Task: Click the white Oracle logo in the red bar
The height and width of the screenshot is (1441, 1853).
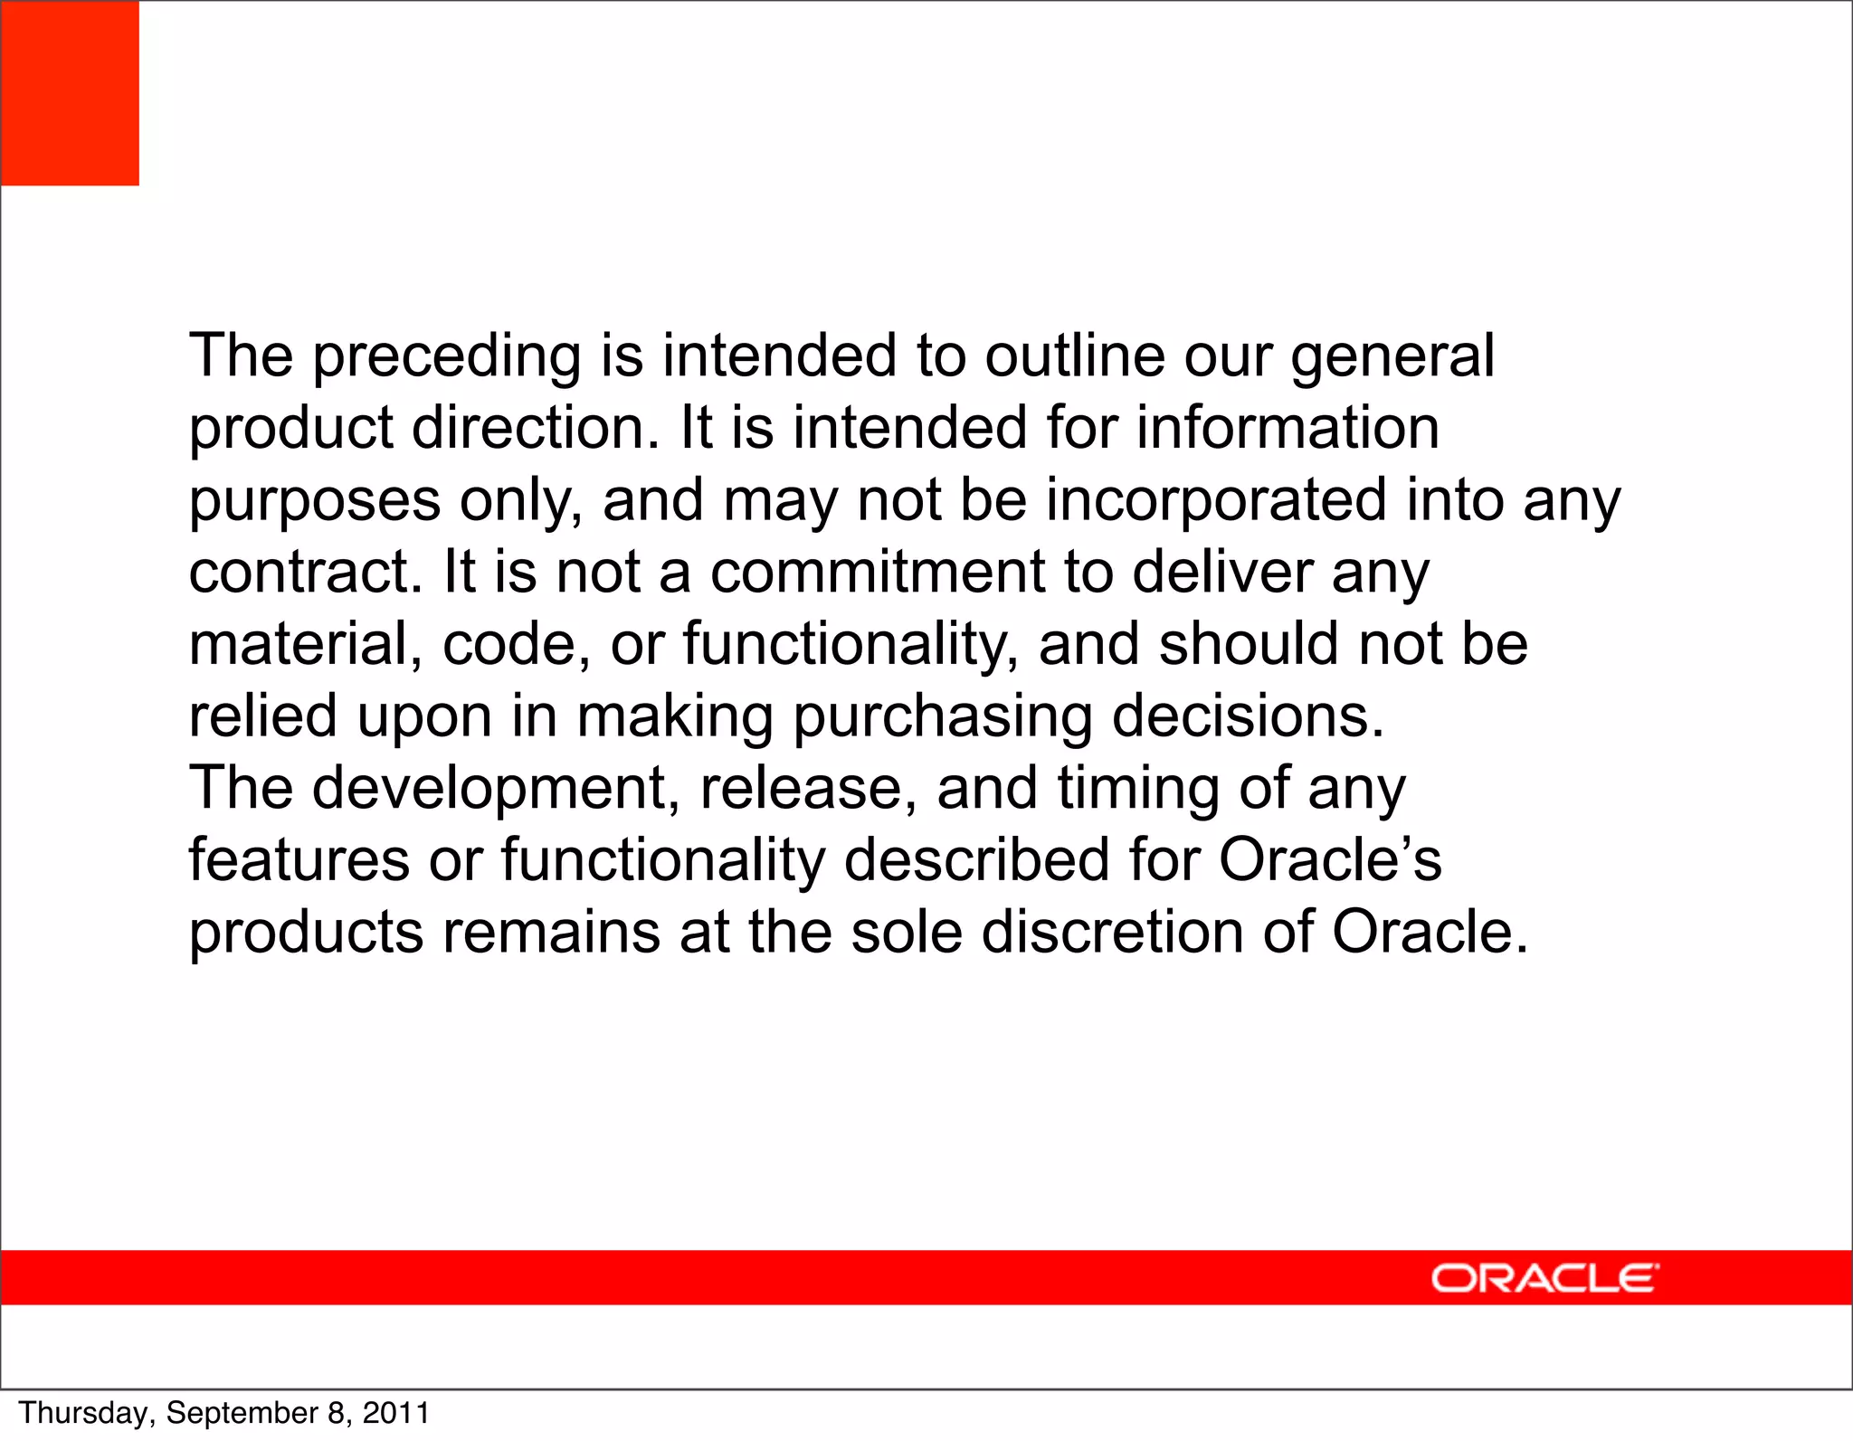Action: [x=1544, y=1278]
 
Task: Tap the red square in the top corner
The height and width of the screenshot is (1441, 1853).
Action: [x=70, y=93]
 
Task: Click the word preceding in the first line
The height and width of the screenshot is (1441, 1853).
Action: [x=447, y=357]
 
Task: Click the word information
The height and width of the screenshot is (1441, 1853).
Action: [x=1287, y=428]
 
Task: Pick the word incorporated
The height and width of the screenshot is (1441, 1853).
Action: [x=1216, y=500]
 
